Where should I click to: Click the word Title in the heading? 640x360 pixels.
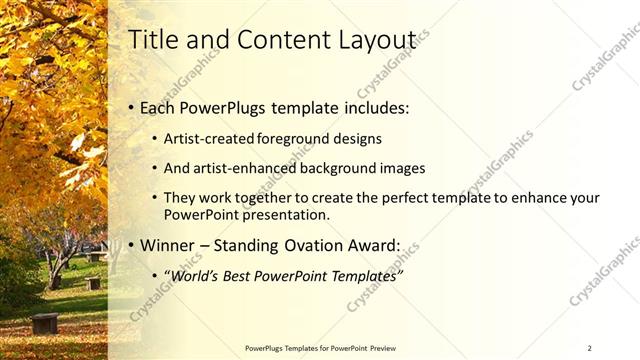coord(154,40)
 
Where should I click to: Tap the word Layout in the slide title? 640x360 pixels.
coord(375,40)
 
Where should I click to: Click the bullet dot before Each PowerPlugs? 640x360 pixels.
coord(131,108)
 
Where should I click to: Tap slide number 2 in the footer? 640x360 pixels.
coord(589,347)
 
